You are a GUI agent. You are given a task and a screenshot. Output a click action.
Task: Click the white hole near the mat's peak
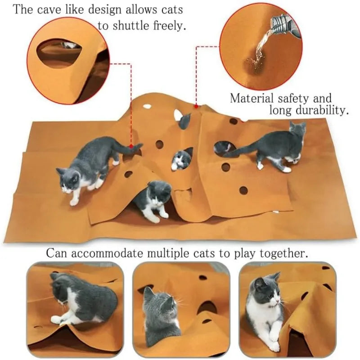pyautogui.click(x=147, y=107)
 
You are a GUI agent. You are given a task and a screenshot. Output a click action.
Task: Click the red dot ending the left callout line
pyautogui.click(x=131, y=146)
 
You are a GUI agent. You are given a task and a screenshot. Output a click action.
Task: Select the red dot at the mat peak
pyautogui.click(x=196, y=106)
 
